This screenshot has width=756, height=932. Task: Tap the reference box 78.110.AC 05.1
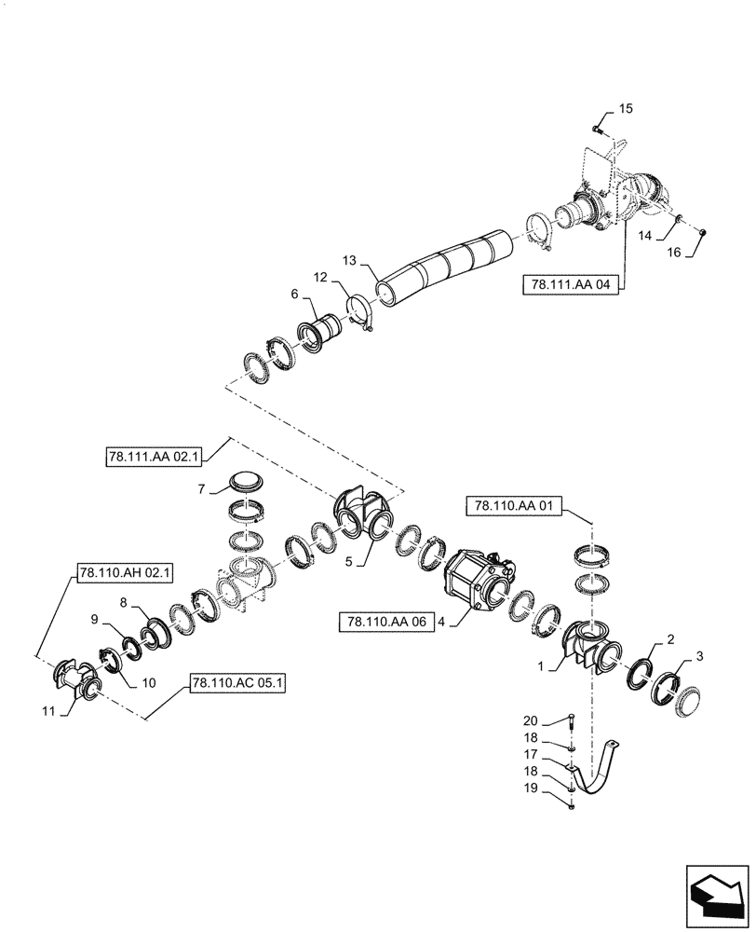[x=237, y=683]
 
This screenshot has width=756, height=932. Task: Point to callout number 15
[x=626, y=109]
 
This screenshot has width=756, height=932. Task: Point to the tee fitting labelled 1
[x=587, y=643]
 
